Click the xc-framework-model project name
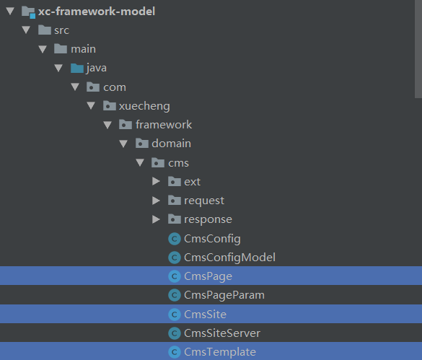[x=97, y=12]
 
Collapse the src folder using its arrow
[x=26, y=30]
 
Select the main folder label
[x=83, y=49]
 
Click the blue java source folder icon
[x=77, y=68]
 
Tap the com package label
[x=115, y=87]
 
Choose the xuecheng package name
[x=144, y=106]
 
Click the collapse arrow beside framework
[x=107, y=125]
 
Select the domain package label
[x=171, y=144]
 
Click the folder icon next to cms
[x=158, y=162]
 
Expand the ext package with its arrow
[x=156, y=181]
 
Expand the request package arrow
[x=156, y=201]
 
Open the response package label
[x=208, y=220]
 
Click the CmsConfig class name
[x=212, y=239]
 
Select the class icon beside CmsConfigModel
[x=175, y=258]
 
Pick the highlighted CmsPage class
[x=208, y=276]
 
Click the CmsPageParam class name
[x=224, y=295]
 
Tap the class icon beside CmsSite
[x=175, y=315]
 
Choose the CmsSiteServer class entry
[x=222, y=333]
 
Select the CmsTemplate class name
[x=220, y=352]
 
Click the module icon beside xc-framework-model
[x=28, y=12]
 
